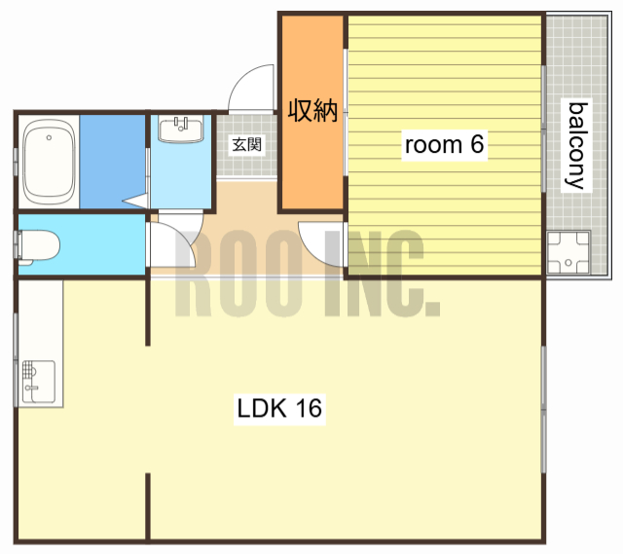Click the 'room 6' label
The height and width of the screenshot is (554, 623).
click(x=444, y=144)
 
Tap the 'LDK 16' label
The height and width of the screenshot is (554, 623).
click(x=279, y=409)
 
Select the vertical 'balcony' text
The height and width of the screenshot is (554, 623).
click(x=576, y=145)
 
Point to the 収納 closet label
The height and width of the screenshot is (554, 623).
click(x=312, y=110)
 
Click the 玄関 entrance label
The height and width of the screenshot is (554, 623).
click(x=246, y=144)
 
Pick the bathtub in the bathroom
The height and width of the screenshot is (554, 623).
click(x=49, y=162)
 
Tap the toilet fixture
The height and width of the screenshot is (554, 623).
click(x=38, y=246)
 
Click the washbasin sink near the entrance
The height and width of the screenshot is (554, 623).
click(x=181, y=129)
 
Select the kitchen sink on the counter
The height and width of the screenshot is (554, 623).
click(x=39, y=382)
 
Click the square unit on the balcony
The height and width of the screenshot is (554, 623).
click(x=568, y=252)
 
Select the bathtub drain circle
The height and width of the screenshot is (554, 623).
click(x=49, y=137)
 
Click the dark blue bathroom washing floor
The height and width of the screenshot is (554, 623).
click(x=113, y=162)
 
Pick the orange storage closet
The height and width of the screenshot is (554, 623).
click(x=312, y=112)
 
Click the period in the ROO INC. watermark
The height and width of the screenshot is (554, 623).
click(x=432, y=309)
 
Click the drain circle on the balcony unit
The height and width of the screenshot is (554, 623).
click(x=568, y=262)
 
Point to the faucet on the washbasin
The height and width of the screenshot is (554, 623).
click(x=181, y=124)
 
